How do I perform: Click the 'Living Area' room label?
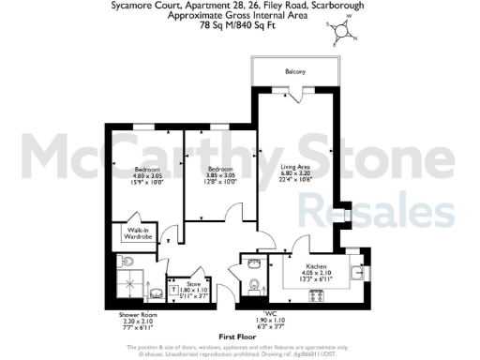285,166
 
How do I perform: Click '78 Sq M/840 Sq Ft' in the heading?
240,26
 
